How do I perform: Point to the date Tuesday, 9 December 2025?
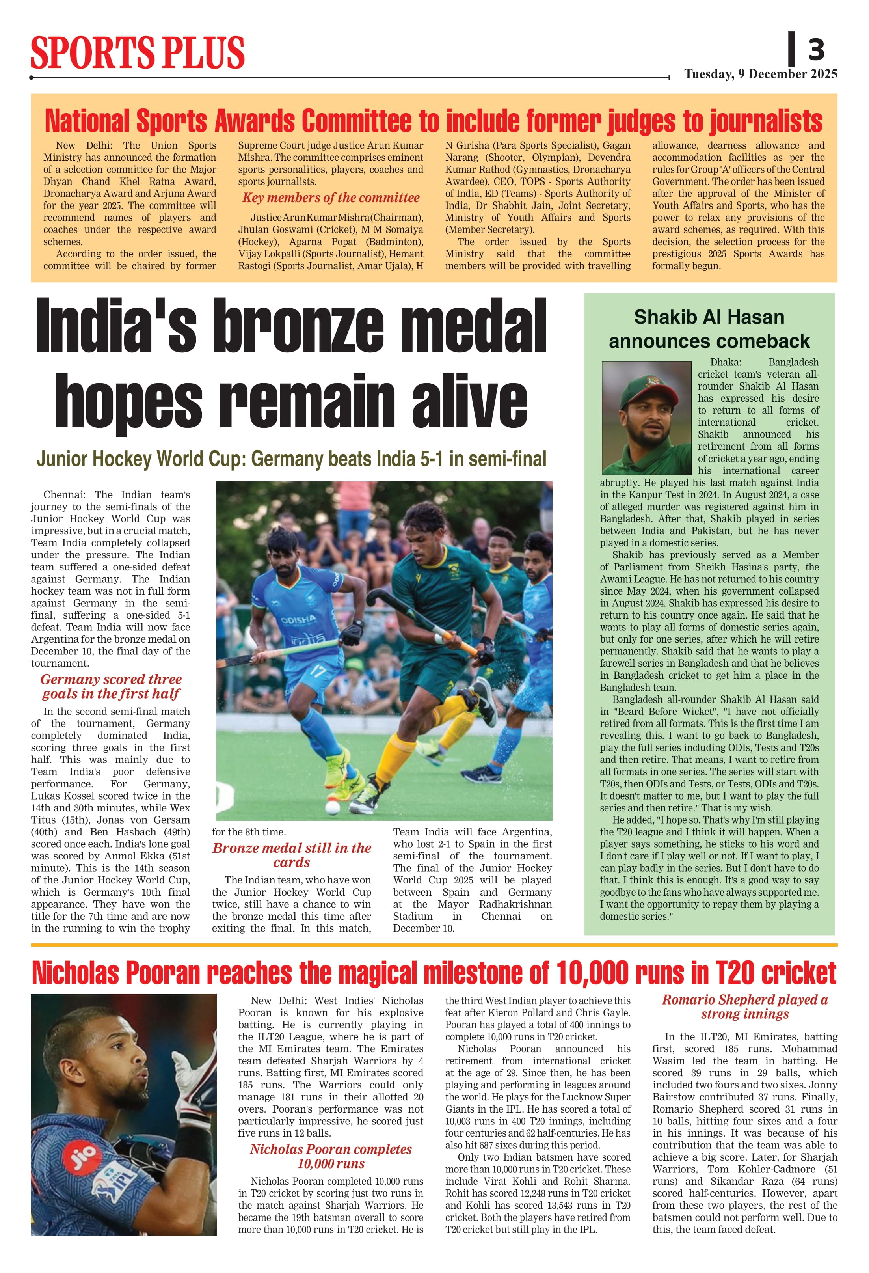point(761,74)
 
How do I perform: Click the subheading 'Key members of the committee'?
point(331,198)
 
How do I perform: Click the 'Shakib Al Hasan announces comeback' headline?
point(709,329)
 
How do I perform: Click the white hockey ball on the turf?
point(332,807)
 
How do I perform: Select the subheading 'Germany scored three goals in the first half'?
point(111,686)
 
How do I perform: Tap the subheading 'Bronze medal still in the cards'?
point(292,855)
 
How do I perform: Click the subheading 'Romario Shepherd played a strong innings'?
point(745,1007)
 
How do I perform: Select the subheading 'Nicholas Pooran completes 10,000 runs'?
point(331,1157)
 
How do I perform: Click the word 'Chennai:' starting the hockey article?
point(61,495)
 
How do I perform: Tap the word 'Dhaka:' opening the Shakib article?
point(726,362)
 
